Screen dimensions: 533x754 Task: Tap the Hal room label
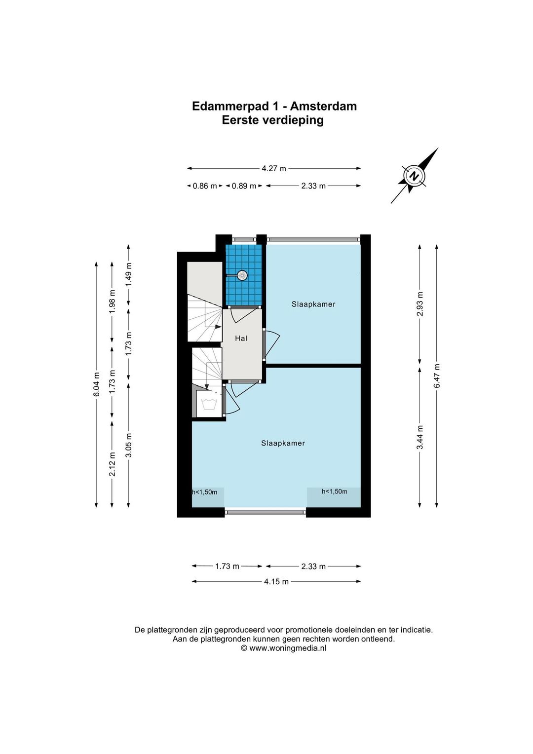241,339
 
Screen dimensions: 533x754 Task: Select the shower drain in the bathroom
241,275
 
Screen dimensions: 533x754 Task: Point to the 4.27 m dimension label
274,168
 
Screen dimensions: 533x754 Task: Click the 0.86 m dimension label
205,186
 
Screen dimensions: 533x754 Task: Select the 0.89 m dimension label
244,186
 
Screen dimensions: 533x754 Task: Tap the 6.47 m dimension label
437,376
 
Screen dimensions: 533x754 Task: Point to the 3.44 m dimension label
419,437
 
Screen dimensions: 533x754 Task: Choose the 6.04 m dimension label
96,384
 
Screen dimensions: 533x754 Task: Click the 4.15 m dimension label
276,582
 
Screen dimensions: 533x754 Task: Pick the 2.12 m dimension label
112,463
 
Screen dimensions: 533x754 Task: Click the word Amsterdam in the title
323,106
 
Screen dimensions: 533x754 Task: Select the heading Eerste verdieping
273,120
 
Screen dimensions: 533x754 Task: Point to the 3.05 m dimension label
128,445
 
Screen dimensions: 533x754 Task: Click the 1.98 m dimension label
112,302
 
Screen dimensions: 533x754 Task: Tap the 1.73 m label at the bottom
227,566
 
